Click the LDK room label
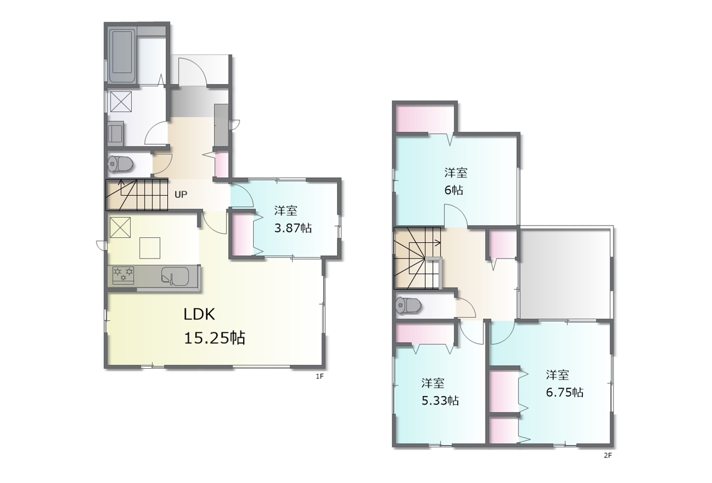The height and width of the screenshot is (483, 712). point(199,314)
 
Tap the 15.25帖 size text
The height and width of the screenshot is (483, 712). point(215,338)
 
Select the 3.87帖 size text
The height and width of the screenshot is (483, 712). point(293,228)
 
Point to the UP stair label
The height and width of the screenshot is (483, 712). point(181,194)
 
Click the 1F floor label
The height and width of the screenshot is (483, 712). point(319,377)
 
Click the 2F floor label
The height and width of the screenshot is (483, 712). point(608,456)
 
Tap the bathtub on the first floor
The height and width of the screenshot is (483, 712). point(122,56)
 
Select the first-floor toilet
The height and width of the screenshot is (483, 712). point(120,164)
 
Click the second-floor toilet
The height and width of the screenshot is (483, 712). point(408,306)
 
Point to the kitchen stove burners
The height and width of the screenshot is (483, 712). point(123,275)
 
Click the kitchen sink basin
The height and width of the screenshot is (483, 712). point(175,275)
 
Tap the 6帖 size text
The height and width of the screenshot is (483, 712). point(453,190)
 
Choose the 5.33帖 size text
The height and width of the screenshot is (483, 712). point(440,400)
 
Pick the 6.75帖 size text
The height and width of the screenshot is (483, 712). point(565,392)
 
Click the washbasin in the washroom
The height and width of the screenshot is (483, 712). point(115,133)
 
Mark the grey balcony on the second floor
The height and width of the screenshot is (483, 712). point(565,273)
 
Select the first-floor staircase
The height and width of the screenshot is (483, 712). point(137,195)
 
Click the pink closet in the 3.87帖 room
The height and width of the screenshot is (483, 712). point(242,233)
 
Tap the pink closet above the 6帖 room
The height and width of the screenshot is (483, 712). point(424,119)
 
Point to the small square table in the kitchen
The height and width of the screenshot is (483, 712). point(150,248)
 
